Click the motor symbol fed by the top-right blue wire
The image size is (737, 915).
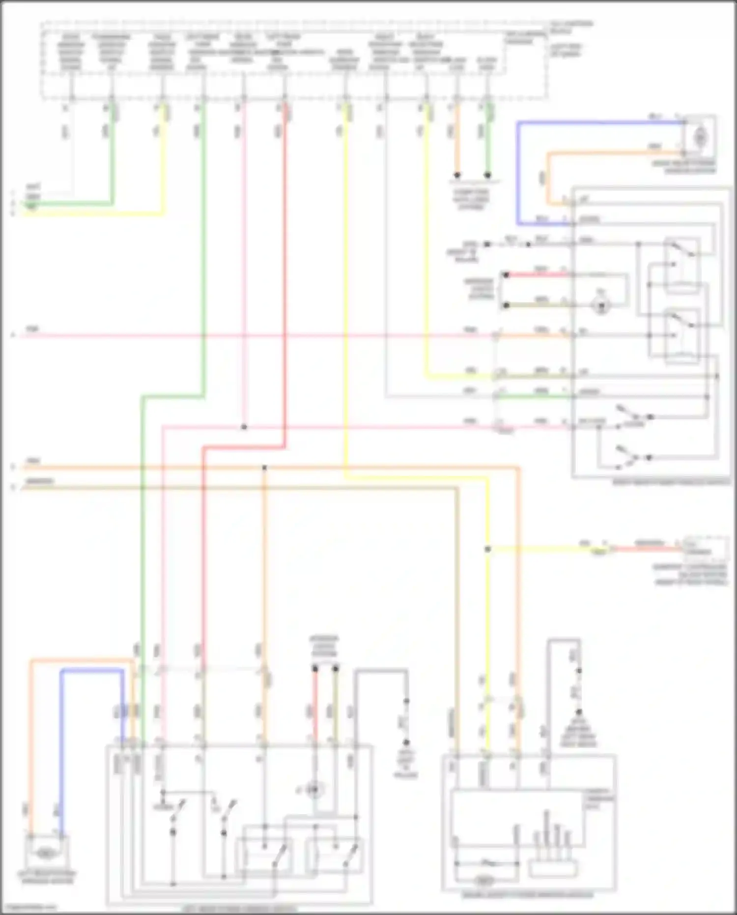coord(701,137)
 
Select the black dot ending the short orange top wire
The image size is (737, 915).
coord(457,175)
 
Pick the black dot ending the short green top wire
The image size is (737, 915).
coord(487,175)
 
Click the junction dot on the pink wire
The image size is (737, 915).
coord(244,427)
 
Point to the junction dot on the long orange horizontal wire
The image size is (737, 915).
coord(264,468)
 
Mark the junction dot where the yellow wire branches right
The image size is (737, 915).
coord(487,549)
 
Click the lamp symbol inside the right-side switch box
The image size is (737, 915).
coord(600,306)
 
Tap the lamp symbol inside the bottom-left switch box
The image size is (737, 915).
coord(313,790)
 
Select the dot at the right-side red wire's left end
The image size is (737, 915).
coord(506,275)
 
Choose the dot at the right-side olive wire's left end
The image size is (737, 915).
coord(506,306)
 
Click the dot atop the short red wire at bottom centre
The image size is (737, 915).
coord(315,669)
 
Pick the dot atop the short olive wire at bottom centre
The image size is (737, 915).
coord(336,669)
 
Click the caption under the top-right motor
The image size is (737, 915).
coord(684,167)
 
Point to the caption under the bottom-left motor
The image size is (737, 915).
coord(47,877)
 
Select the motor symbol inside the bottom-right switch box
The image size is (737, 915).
coord(484,881)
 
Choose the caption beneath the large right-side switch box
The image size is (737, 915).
coord(671,483)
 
